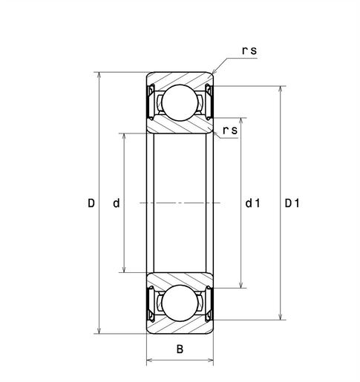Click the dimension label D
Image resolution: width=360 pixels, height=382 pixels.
[x=91, y=202]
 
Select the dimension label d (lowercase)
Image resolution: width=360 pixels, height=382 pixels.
[x=116, y=202]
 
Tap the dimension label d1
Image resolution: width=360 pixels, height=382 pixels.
[x=252, y=202]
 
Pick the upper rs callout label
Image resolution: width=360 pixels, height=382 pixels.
[x=250, y=51]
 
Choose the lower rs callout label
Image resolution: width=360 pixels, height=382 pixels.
[x=229, y=131]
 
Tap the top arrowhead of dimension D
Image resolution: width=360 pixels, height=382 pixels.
[x=99, y=76]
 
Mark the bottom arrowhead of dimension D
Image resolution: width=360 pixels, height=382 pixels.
[x=99, y=329]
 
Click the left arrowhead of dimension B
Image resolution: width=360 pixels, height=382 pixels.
[x=151, y=361]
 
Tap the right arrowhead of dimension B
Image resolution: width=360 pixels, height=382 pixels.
[x=211, y=361]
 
